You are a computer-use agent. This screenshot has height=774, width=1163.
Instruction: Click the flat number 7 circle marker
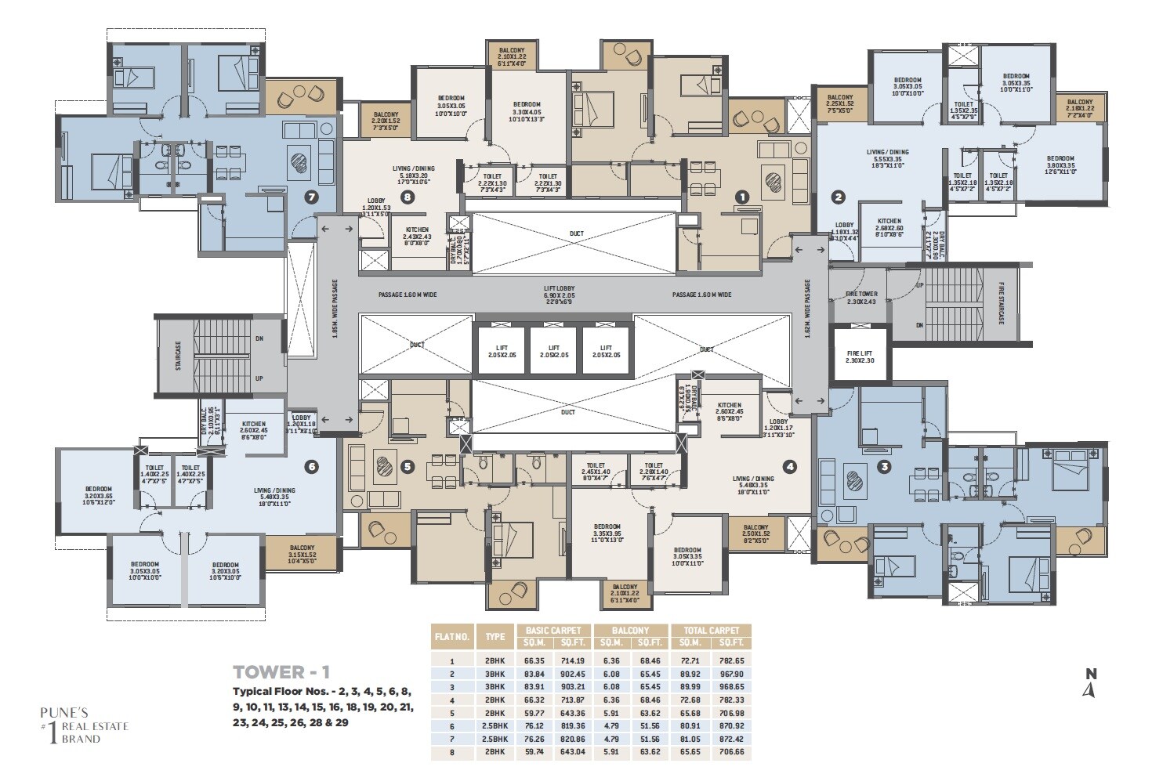click(312, 197)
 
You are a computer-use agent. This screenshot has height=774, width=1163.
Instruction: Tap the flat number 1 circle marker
click(742, 197)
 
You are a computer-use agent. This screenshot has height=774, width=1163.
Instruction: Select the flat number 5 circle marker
click(406, 467)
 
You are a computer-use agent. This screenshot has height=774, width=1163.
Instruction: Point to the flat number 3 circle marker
click(884, 468)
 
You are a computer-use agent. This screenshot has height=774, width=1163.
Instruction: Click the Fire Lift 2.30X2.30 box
click(860, 356)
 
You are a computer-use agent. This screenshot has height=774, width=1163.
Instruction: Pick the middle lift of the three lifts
click(554, 351)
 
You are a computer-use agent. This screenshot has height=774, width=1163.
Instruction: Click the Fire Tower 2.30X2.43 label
click(861, 297)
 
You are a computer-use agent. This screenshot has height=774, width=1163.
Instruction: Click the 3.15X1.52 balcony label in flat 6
click(302, 552)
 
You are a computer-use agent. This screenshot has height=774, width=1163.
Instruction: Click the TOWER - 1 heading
click(281, 671)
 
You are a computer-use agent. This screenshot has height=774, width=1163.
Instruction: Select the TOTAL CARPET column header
click(711, 630)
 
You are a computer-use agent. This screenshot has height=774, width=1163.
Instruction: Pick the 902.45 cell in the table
click(573, 673)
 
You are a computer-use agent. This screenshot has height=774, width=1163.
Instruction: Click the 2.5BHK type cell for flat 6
click(495, 725)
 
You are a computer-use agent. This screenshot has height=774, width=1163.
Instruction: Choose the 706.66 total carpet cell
click(730, 752)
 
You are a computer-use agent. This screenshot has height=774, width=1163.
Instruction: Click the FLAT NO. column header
click(451, 636)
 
